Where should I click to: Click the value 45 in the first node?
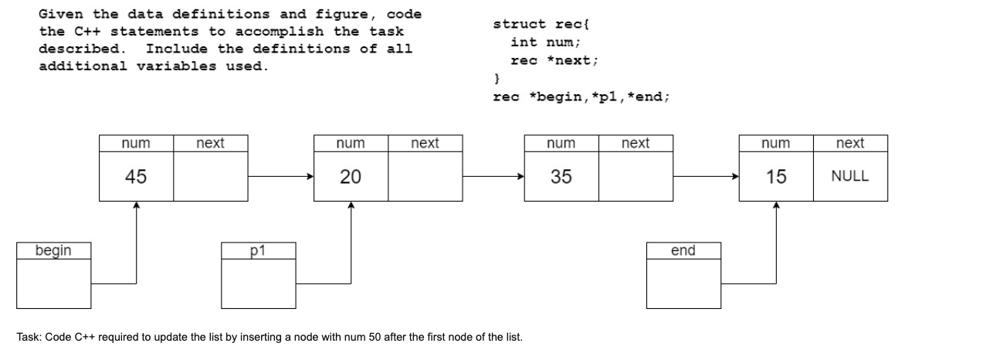[x=136, y=177]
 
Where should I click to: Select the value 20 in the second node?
[x=351, y=177]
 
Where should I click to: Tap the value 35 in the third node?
[x=561, y=177]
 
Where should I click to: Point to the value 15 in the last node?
[x=776, y=177]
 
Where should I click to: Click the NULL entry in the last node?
[x=849, y=176]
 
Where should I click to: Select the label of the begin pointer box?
[x=53, y=250]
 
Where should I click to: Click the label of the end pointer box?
[x=683, y=250]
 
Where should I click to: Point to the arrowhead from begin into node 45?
[x=136, y=205]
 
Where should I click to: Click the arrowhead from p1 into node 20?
[x=351, y=205]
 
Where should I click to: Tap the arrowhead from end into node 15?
[x=776, y=205]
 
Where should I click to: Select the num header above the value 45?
[x=136, y=143]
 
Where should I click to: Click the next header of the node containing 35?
[x=636, y=143]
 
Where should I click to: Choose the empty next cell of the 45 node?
[x=210, y=177]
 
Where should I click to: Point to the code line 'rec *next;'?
[x=554, y=60]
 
